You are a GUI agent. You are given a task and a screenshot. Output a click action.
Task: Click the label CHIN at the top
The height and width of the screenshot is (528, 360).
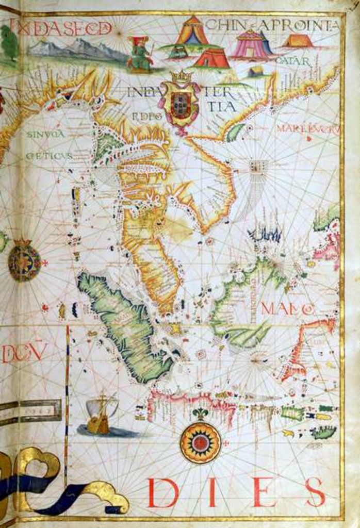[x=225, y=24]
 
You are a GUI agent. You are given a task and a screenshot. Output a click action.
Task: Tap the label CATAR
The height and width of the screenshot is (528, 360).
[x=292, y=61]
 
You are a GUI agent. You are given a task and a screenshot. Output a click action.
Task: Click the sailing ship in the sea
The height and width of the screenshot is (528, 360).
[x=101, y=415]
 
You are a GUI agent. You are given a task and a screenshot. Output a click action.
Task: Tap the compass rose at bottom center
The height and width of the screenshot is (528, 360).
[x=200, y=442]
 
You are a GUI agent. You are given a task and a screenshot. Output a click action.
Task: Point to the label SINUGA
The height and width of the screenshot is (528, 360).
[x=45, y=134]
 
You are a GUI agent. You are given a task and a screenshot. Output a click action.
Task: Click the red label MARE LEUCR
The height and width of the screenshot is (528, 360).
[x=307, y=129]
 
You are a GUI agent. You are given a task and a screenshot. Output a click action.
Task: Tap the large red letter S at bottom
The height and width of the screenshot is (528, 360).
[x=314, y=492]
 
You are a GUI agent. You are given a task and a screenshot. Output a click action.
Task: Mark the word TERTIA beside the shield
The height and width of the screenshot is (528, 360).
[x=223, y=100]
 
